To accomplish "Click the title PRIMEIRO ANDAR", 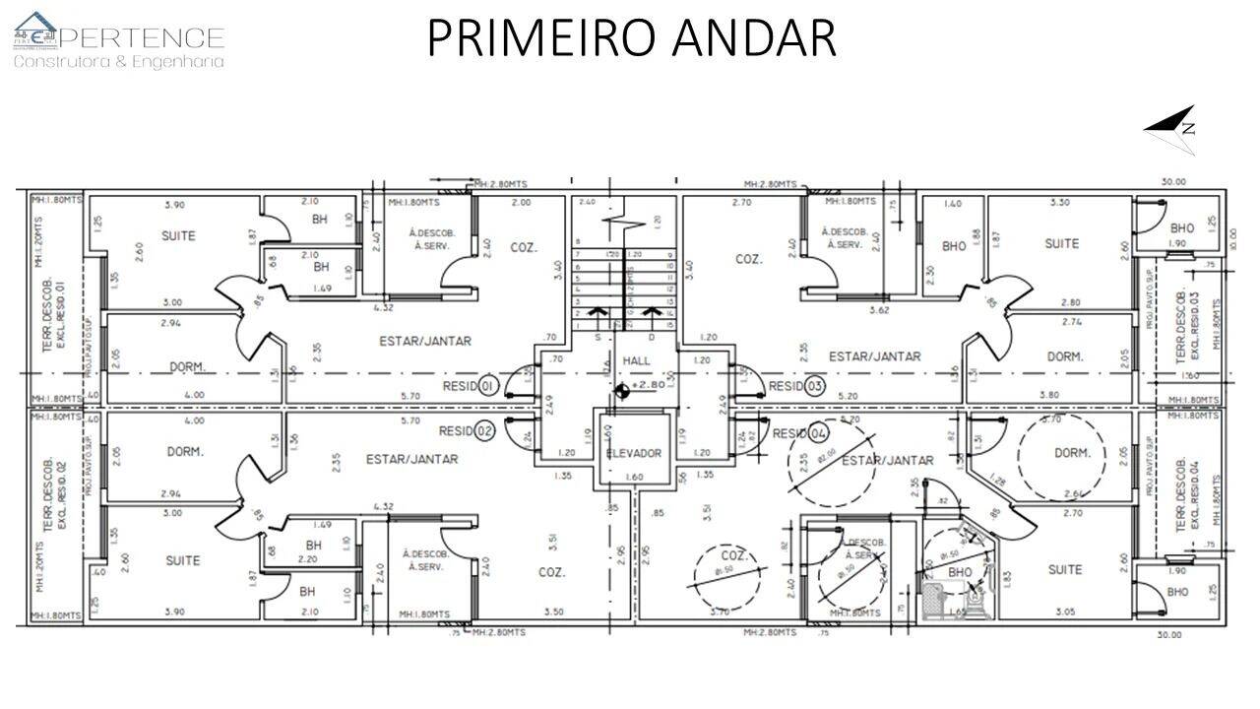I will click(x=631, y=37).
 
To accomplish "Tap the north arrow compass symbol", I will click(x=1173, y=129).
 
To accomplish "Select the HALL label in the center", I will click(x=636, y=361).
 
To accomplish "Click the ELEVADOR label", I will click(x=634, y=454).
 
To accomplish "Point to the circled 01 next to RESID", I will click(x=487, y=387).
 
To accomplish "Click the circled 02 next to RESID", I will click(x=483, y=431).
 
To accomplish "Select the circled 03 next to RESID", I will click(x=814, y=386).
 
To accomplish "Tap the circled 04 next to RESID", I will click(x=818, y=434).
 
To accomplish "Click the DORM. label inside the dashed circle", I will click(x=1072, y=454).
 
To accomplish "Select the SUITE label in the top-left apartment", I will click(x=178, y=236).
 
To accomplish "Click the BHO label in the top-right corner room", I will click(x=1182, y=228).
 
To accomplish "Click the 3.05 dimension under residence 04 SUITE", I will click(x=1066, y=612).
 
